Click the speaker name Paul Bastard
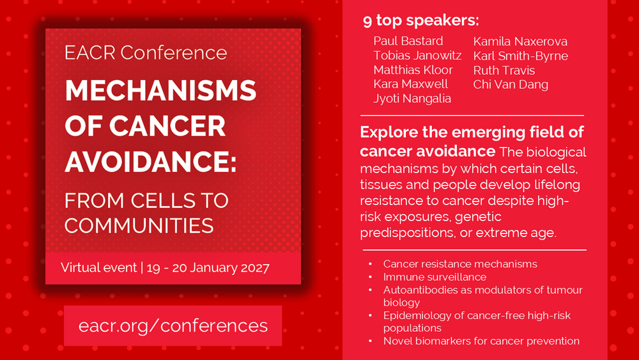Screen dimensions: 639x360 click(x=408, y=41)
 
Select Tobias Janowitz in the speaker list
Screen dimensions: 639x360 click(x=417, y=56)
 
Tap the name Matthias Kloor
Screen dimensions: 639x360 click(x=413, y=70)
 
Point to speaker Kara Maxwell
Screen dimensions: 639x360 click(x=410, y=84)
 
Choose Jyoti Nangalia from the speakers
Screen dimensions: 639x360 click(x=412, y=98)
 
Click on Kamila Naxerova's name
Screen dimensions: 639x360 click(x=520, y=41)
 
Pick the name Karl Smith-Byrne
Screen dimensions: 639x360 click(x=520, y=56)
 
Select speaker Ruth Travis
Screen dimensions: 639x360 click(x=504, y=70)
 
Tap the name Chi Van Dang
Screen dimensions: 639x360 click(x=511, y=84)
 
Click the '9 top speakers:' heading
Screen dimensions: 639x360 click(x=421, y=20)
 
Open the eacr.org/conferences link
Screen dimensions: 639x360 click(x=173, y=325)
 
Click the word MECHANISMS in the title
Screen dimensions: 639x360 click(x=160, y=90)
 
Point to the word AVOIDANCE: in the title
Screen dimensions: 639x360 click(x=150, y=161)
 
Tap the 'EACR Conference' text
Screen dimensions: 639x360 click(x=146, y=52)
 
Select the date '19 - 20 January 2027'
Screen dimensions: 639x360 click(x=208, y=268)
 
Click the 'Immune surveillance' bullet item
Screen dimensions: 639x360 click(x=435, y=277)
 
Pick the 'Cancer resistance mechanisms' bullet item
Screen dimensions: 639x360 click(x=460, y=264)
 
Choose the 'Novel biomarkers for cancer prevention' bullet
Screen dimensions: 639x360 click(x=481, y=341)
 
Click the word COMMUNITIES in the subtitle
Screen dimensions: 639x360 click(x=139, y=226)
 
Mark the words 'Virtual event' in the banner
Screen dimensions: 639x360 click(x=98, y=267)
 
